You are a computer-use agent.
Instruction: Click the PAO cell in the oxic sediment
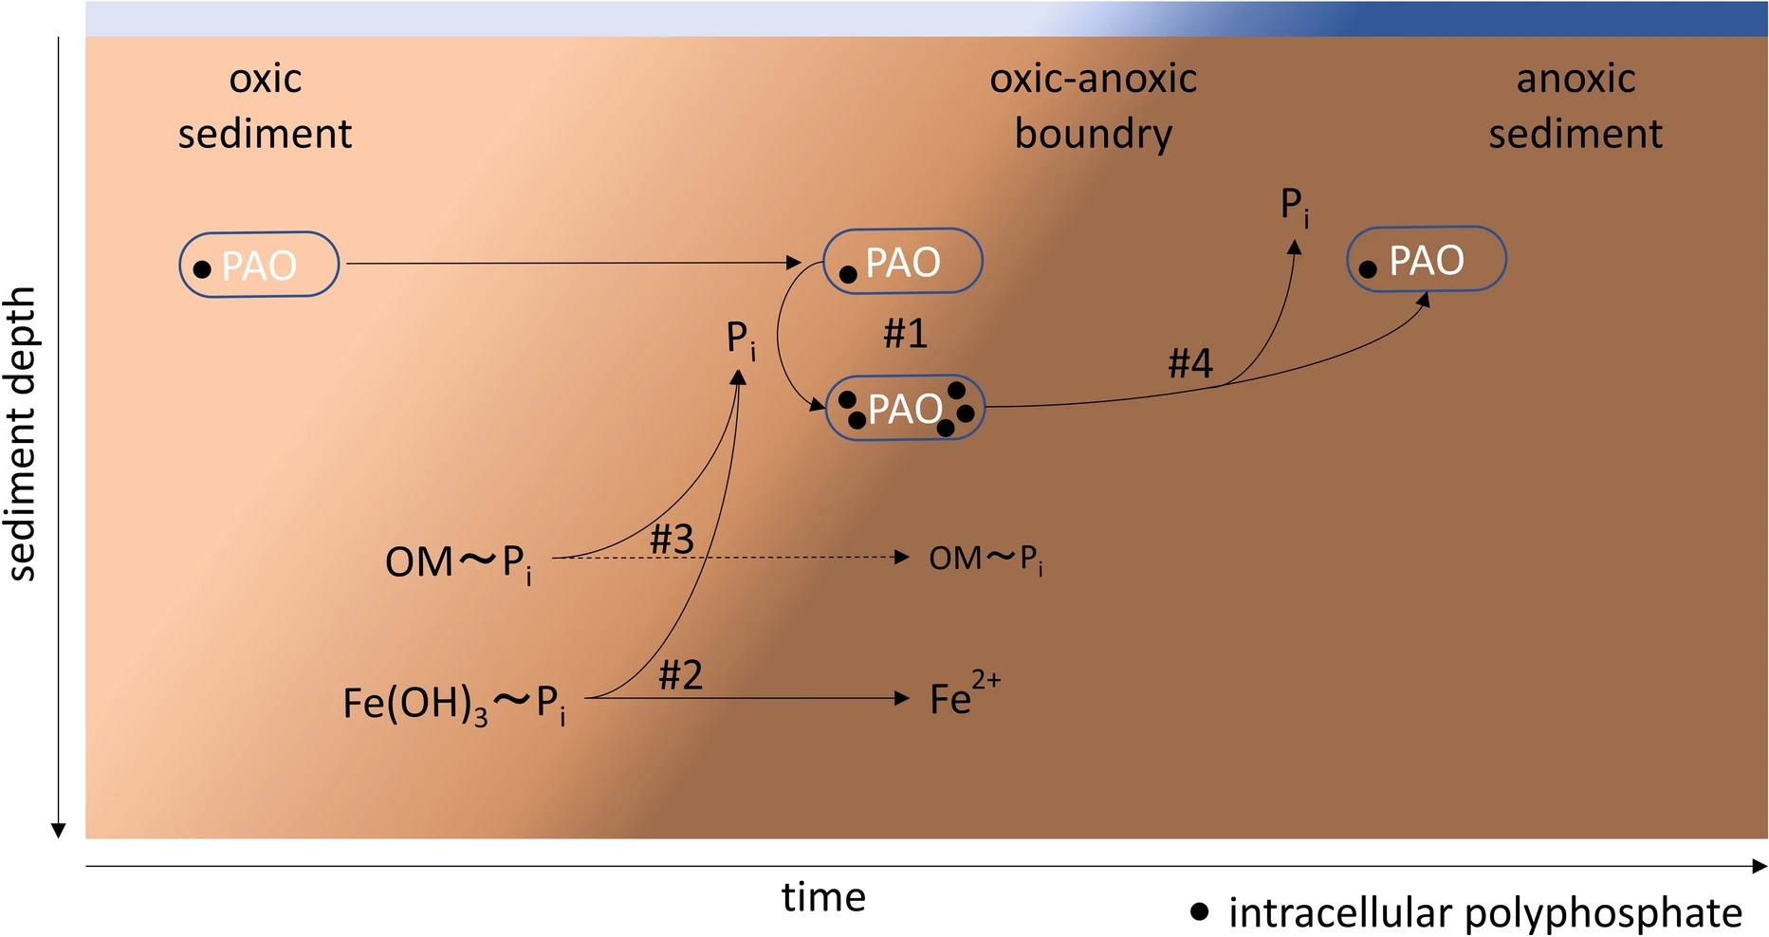click(259, 265)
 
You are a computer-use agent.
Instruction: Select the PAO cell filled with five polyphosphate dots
click(905, 408)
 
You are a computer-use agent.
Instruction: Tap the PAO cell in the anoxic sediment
click(1427, 259)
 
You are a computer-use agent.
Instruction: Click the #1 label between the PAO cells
click(905, 333)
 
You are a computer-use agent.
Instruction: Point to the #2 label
click(680, 675)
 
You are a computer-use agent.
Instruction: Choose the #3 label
click(672, 540)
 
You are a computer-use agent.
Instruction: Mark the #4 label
click(1189, 362)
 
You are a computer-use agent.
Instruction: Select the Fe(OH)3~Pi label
click(455, 704)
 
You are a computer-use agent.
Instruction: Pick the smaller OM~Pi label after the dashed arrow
click(986, 560)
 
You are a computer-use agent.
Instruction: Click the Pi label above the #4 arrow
click(1295, 207)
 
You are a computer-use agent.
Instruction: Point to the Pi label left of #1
click(741, 340)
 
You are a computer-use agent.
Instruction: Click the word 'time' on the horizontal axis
click(823, 897)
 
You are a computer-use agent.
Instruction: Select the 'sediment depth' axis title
click(21, 433)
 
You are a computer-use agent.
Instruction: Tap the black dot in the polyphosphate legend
click(1200, 911)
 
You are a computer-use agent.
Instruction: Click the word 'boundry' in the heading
click(1093, 134)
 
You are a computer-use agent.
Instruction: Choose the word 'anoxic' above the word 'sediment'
click(1576, 79)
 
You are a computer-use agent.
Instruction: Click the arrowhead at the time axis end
click(1760, 866)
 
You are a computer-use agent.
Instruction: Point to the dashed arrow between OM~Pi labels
click(730, 558)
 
